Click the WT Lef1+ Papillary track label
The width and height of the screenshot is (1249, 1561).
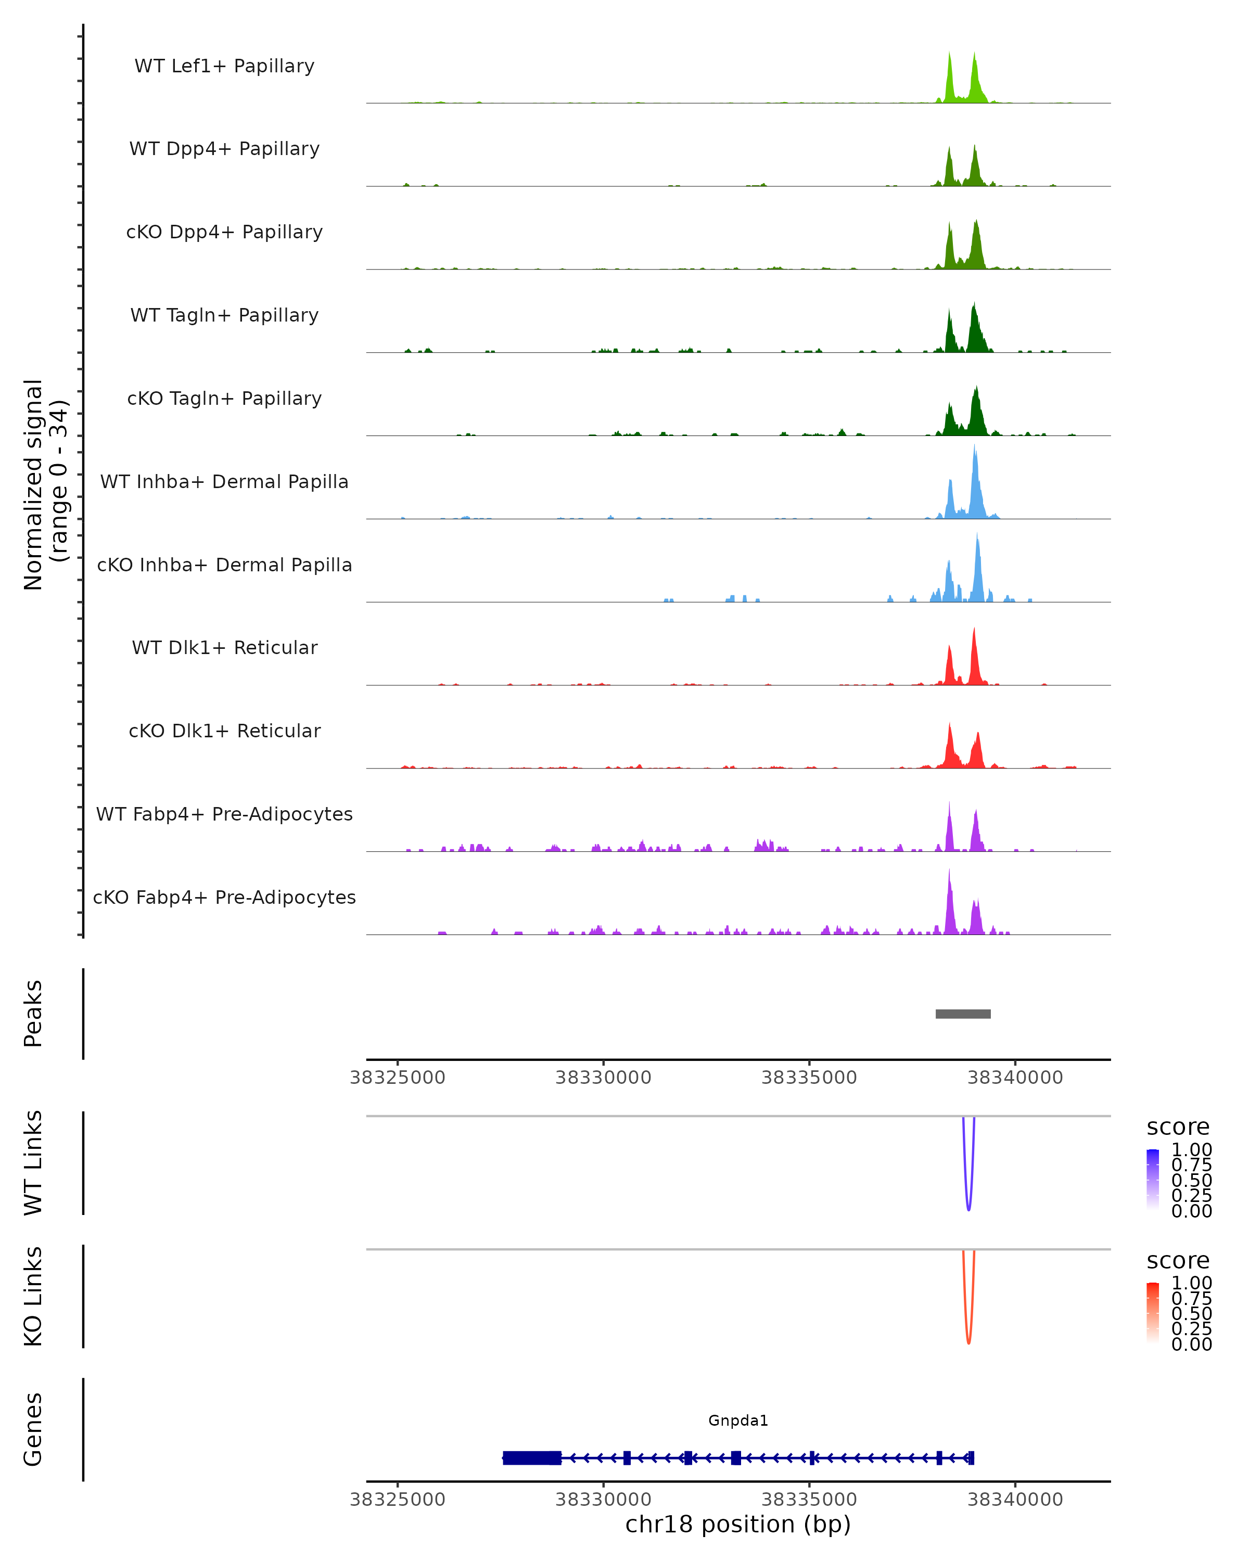[x=224, y=66]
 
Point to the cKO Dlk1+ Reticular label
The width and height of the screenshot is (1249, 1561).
[x=224, y=731]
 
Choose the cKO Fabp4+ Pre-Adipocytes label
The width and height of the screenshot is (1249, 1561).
[x=224, y=897]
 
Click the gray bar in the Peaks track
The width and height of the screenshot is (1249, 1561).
[x=963, y=1014]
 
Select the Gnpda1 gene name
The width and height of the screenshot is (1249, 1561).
[x=738, y=1421]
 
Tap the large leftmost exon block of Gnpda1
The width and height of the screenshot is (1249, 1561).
[x=532, y=1457]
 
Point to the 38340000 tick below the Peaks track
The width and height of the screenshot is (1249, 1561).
[x=1015, y=1078]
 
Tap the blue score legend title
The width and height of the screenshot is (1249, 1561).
[x=1178, y=1128]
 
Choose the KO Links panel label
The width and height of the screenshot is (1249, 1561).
[x=33, y=1297]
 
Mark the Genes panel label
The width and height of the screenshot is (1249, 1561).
[x=33, y=1429]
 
